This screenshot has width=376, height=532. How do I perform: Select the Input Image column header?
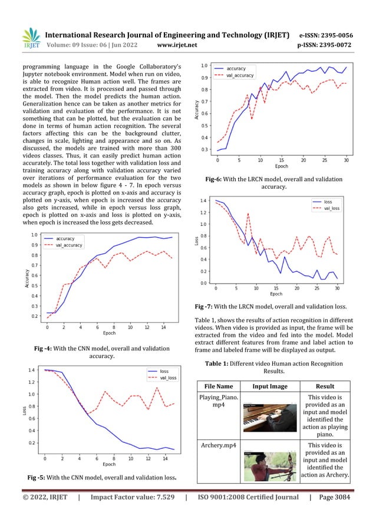[x=271, y=386]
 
